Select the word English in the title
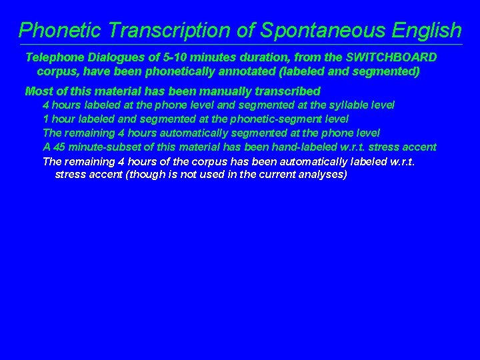coord(424,30)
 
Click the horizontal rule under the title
coord(240,45)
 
